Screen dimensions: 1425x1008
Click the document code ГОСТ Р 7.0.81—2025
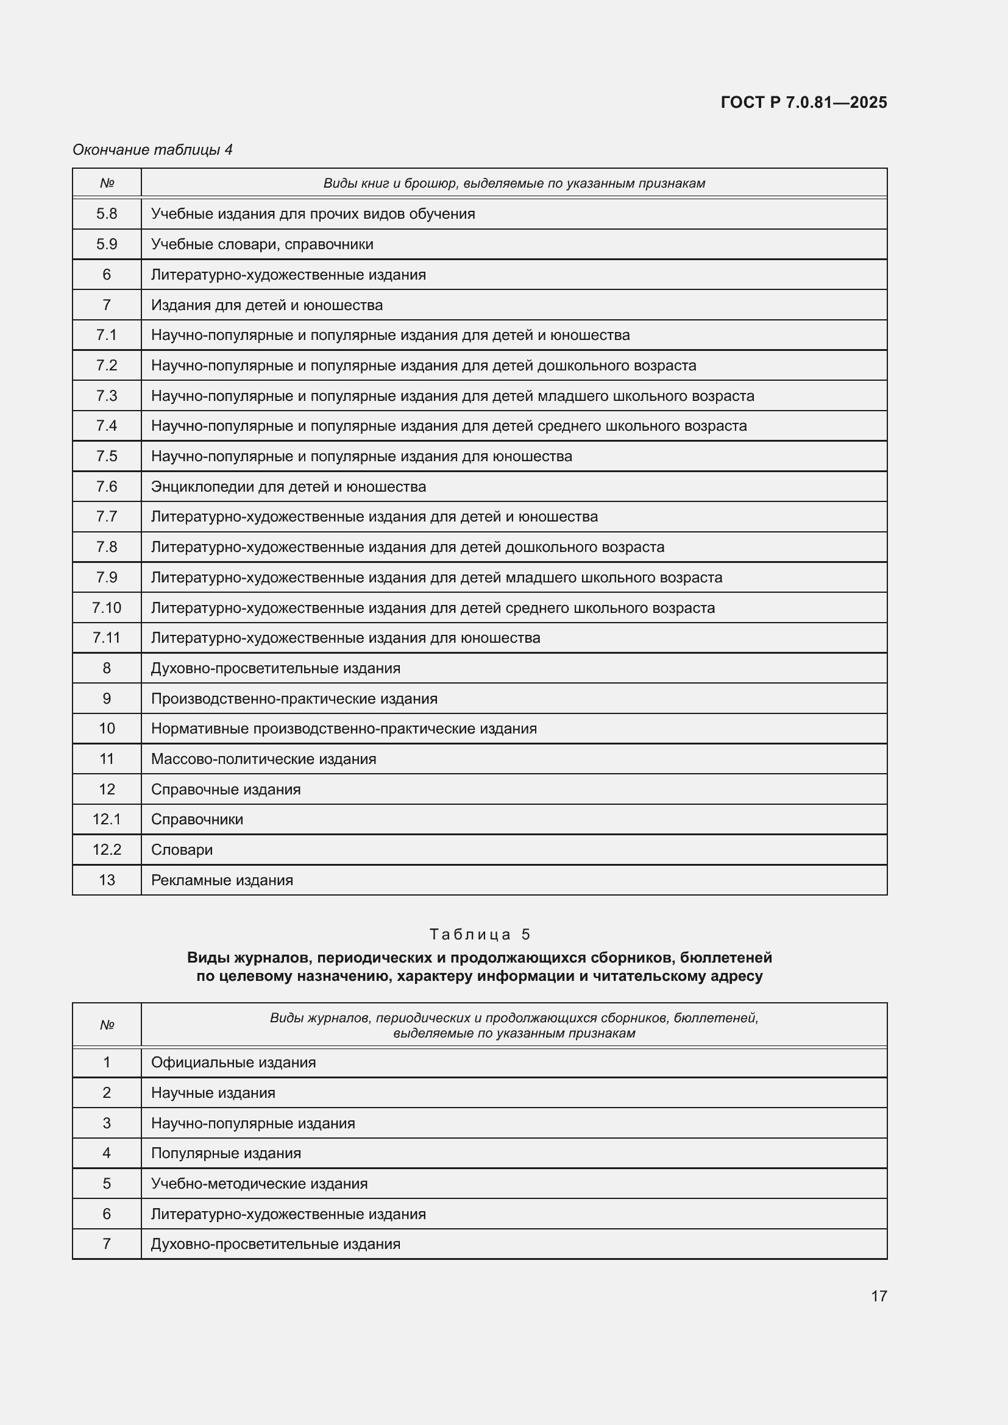804,102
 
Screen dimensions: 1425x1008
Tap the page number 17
878,1296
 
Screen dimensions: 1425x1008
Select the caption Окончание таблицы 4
152,150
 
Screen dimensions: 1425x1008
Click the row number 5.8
107,213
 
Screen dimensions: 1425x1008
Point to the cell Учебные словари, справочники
262,244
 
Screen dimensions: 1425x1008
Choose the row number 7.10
107,607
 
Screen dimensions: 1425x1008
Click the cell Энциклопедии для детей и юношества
288,487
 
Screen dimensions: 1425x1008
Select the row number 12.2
107,850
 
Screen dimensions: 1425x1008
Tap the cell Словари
182,850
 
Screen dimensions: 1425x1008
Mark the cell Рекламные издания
222,880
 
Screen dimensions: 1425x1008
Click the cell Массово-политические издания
263,759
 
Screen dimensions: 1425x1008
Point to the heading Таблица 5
480,934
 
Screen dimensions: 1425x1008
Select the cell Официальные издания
233,1063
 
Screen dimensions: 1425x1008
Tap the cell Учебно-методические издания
259,1184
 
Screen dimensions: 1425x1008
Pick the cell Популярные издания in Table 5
226,1153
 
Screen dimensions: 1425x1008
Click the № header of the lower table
107,1025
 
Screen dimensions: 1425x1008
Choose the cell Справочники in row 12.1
197,819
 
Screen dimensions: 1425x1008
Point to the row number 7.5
107,456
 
